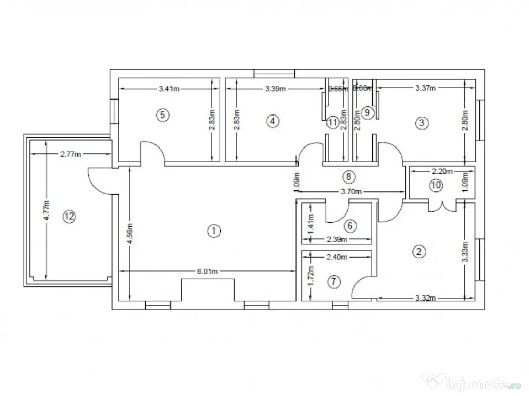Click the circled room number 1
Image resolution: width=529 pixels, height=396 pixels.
212,231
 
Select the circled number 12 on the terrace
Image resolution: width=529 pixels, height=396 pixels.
68,217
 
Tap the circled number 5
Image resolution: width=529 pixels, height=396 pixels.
163,114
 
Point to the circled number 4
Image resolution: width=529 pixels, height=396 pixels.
272,121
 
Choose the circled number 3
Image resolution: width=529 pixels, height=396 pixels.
422,123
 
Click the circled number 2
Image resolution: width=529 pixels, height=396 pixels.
418,251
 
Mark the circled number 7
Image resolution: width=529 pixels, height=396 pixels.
334,282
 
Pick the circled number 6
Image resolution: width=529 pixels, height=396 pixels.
349,225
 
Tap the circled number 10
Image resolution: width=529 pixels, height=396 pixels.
437,186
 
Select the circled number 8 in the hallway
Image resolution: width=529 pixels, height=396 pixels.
349,177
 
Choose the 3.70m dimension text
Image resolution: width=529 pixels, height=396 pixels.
350,192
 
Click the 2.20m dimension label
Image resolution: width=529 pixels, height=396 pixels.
442,171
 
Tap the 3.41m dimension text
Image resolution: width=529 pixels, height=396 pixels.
169,89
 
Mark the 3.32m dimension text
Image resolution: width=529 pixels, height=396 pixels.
427,298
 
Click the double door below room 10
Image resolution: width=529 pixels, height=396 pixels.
442,206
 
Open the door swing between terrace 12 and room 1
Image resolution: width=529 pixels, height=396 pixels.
98,180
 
